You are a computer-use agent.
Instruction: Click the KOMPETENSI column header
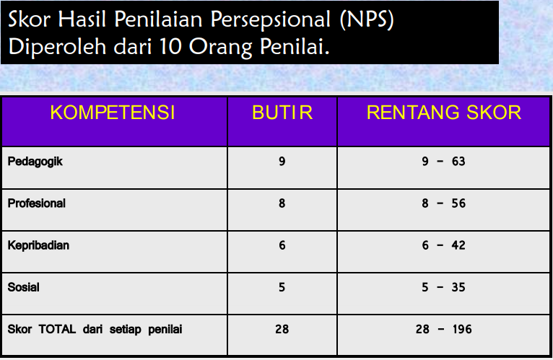(113, 113)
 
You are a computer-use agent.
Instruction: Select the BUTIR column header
(282, 113)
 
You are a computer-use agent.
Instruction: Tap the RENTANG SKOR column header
(444, 113)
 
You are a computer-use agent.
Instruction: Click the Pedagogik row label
(35, 162)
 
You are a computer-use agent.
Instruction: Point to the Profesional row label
(37, 203)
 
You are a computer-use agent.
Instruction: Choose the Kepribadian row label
(38, 245)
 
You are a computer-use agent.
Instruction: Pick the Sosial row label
(23, 287)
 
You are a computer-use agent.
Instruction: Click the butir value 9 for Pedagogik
(282, 161)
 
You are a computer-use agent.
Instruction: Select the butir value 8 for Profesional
(282, 203)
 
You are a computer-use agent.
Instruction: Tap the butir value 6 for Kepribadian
(282, 245)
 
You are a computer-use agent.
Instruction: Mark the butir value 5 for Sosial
(282, 287)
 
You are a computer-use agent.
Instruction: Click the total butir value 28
(282, 329)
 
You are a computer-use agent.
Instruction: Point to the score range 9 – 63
(443, 161)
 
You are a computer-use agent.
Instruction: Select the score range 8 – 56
(443, 203)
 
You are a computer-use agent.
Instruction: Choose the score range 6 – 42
(443, 245)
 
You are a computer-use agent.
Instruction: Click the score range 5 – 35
(443, 287)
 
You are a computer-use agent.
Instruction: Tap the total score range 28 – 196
(443, 329)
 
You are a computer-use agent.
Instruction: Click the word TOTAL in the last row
(57, 329)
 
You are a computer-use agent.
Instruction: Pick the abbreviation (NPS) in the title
(367, 19)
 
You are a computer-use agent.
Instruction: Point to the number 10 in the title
(170, 46)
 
